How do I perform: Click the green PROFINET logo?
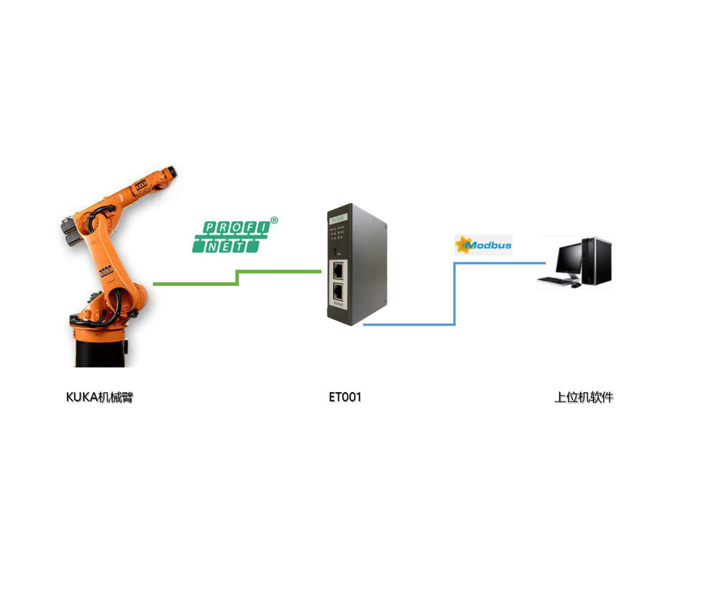(233, 237)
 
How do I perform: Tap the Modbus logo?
(483, 245)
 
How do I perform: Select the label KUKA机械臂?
(100, 397)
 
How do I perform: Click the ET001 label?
(345, 397)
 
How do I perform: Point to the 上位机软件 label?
(584, 397)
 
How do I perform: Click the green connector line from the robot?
(194, 283)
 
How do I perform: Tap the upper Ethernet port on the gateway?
(338, 270)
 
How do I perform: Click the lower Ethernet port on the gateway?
(338, 291)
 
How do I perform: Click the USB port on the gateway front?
(335, 252)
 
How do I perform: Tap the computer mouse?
(576, 284)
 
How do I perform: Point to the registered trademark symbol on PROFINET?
(274, 220)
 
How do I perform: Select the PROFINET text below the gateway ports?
(338, 304)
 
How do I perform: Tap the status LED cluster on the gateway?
(337, 234)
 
